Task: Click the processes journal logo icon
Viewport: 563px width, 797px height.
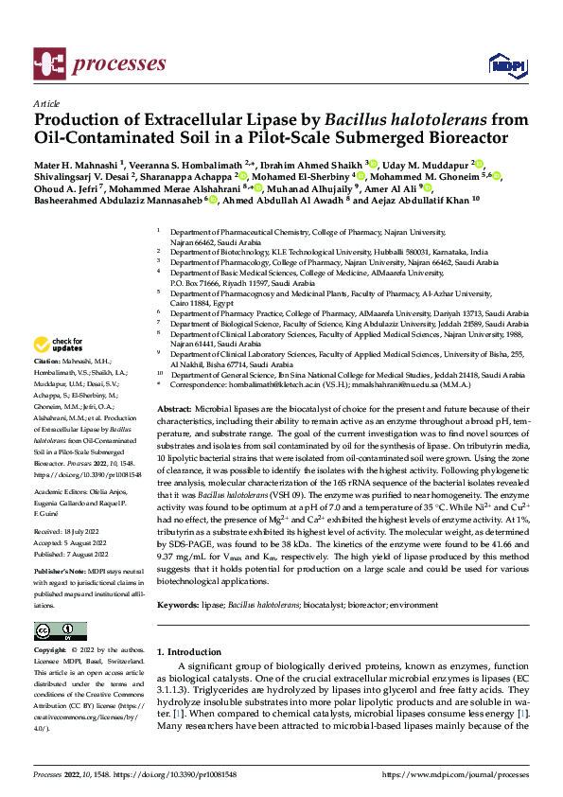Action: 48,63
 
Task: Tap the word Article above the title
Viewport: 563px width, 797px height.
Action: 45,103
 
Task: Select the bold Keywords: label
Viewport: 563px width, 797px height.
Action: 180,602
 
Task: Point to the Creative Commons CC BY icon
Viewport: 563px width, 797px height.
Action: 60,631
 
